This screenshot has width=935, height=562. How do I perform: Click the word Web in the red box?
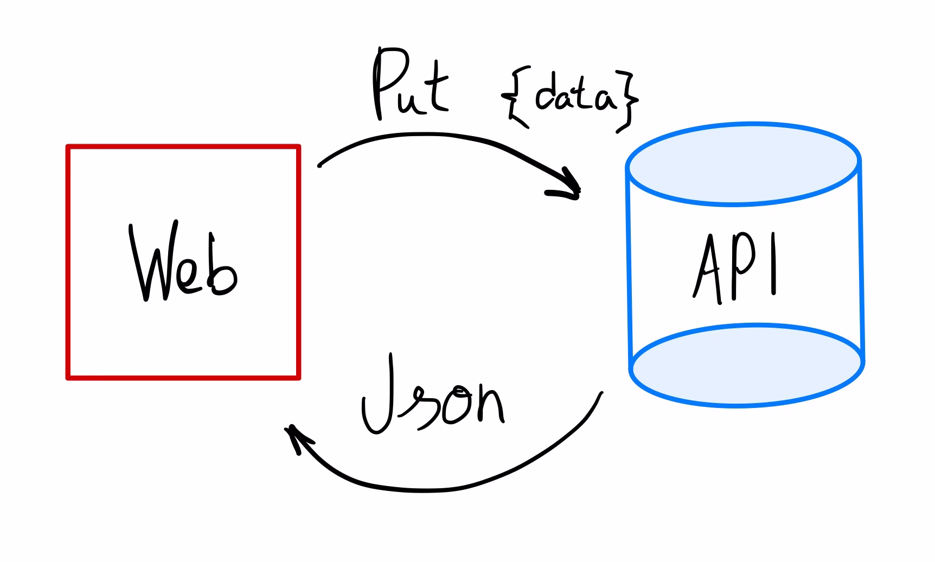pyautogui.click(x=183, y=263)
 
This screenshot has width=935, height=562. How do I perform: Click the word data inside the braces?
pyautogui.click(x=575, y=95)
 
